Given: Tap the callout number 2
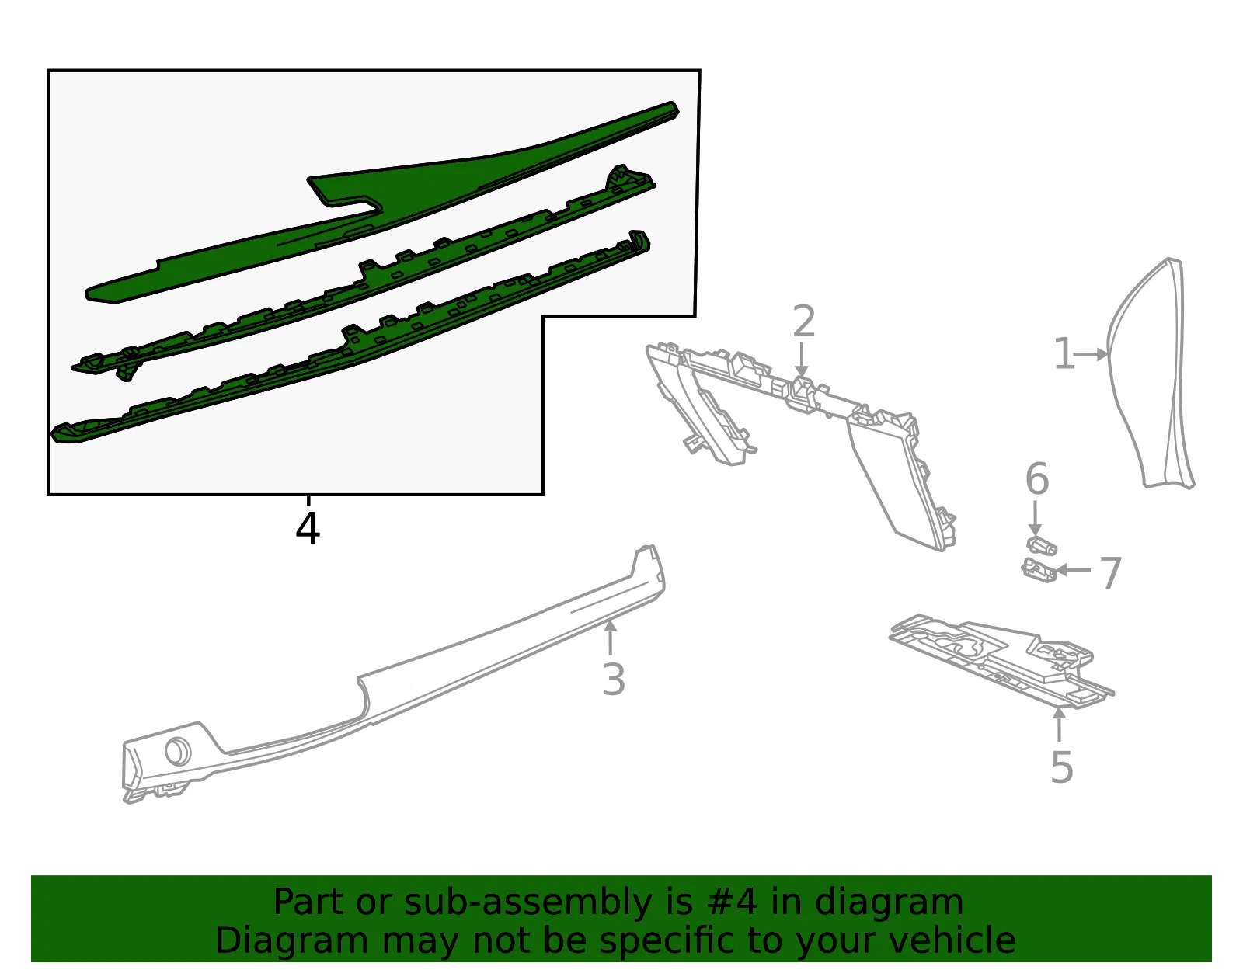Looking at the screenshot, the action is tap(804, 321).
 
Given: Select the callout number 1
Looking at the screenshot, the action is tap(1064, 354).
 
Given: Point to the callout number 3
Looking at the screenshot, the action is tap(613, 679).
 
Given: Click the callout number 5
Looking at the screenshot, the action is tap(1062, 767).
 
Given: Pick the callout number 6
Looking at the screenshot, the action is tap(1037, 478).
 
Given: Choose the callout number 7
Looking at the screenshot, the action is tap(1110, 572).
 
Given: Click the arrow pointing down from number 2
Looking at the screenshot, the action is tap(802, 360).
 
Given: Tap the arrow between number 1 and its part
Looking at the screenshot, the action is tap(1091, 354).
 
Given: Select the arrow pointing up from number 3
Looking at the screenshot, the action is tap(611, 638).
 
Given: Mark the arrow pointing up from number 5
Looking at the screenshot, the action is tap(1060, 725).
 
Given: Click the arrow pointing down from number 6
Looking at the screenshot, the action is tap(1035, 519).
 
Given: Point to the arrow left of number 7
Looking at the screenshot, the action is tap(1073, 570).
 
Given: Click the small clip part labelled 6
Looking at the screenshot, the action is tap(1042, 545).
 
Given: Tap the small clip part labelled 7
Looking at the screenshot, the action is tap(1038, 570).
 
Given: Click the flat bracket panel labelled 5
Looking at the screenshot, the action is tap(1002, 662).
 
